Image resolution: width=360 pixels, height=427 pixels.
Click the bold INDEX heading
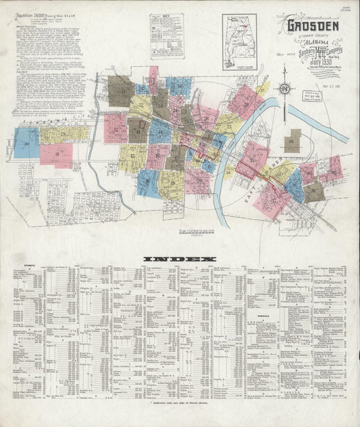(179, 259)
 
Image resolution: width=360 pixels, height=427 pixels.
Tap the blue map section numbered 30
(26, 143)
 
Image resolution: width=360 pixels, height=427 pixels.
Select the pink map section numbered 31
(56, 154)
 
